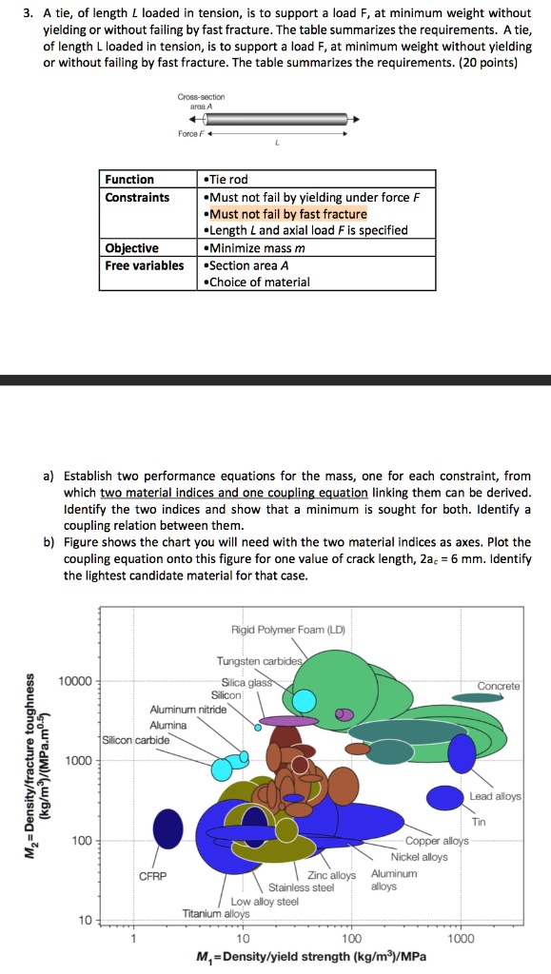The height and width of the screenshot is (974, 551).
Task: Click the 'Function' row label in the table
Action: pos(129,180)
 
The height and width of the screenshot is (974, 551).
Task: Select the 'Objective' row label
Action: pos(131,248)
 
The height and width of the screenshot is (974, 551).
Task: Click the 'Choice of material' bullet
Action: pos(257,282)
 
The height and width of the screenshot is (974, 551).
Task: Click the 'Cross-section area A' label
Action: pos(201,101)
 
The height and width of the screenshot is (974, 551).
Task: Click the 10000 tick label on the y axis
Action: pos(75,681)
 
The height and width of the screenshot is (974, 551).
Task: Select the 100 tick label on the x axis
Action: pos(351,939)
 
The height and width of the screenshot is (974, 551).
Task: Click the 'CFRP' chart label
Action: pos(153,876)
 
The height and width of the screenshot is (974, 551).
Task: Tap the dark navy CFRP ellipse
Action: pos(167,828)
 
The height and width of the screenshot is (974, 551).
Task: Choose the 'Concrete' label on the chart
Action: pos(499,686)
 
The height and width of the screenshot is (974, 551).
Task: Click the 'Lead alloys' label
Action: pos(496,796)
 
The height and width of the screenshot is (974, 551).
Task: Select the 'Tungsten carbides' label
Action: pos(260,661)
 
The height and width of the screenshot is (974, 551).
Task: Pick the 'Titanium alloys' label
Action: pos(216,913)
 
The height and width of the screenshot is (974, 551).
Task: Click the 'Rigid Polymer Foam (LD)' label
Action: pos(288,630)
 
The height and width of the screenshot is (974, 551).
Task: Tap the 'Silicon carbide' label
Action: pos(135,740)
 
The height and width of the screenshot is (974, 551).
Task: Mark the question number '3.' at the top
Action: pos(28,13)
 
